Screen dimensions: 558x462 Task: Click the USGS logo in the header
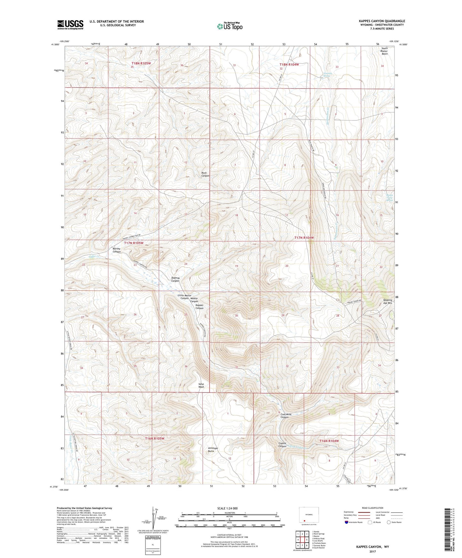[x=70, y=25]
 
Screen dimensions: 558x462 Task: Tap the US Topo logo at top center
[x=229, y=26]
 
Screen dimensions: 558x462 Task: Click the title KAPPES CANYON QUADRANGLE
[x=382, y=21]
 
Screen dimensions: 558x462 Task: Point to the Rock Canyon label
[x=205, y=174]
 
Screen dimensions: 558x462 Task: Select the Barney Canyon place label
[x=117, y=250]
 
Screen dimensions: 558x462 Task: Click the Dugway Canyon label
[x=175, y=279]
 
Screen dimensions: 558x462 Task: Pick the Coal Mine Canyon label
[x=286, y=415]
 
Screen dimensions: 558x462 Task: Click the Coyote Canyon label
[x=282, y=445]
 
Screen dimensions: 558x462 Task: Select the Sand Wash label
[x=201, y=385]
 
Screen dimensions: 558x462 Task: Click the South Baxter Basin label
[x=384, y=51]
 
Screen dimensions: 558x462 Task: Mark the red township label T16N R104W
[x=329, y=441]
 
